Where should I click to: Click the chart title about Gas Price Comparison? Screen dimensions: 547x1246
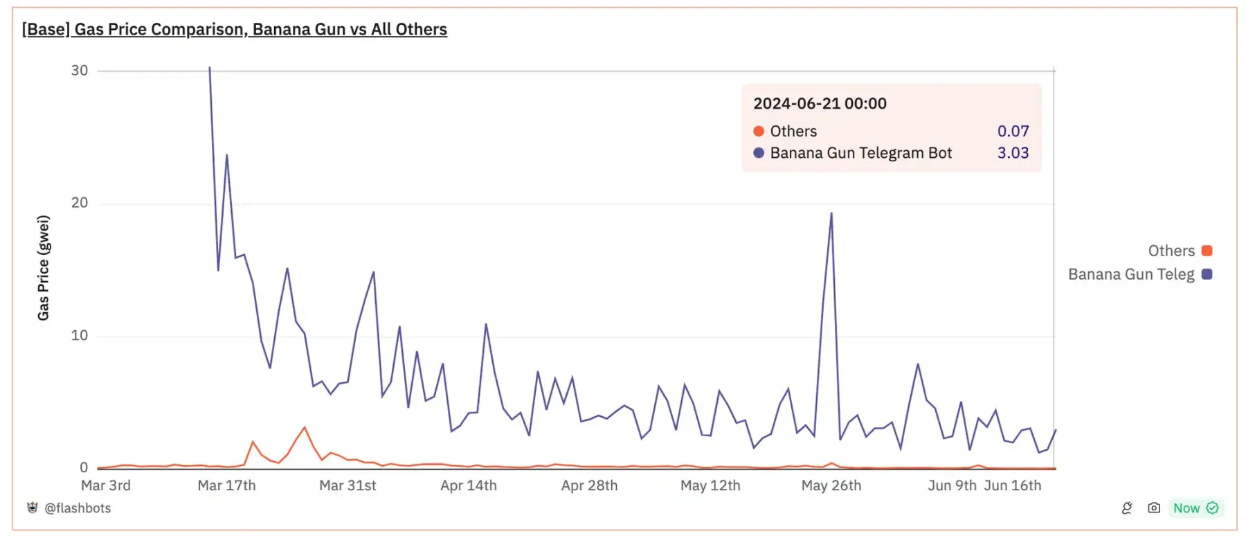(235, 29)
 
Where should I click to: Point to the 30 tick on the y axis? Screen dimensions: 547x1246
(80, 71)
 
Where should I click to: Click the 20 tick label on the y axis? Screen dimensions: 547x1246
(80, 203)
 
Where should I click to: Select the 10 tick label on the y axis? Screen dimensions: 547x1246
(80, 336)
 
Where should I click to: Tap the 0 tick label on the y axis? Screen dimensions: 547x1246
(84, 467)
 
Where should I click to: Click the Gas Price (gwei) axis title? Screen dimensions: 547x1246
(44, 268)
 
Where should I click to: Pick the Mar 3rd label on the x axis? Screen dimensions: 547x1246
(106, 485)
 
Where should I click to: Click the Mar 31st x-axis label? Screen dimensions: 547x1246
(347, 485)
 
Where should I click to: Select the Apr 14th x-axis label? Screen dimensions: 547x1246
(469, 485)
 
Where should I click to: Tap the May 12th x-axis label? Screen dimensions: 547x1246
(710, 485)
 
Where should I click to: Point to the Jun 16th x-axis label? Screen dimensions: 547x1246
(1013, 485)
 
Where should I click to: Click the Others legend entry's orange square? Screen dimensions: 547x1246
(1207, 251)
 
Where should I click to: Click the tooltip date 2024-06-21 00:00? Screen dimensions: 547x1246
(820, 104)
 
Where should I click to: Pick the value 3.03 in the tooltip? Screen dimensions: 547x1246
(1013, 153)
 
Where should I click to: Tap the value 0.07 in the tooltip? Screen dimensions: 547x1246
(1013, 131)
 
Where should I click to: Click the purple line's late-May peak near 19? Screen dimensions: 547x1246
(831, 214)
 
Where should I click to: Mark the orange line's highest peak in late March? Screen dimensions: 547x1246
(305, 428)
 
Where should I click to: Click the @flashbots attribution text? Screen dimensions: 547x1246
(77, 508)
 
